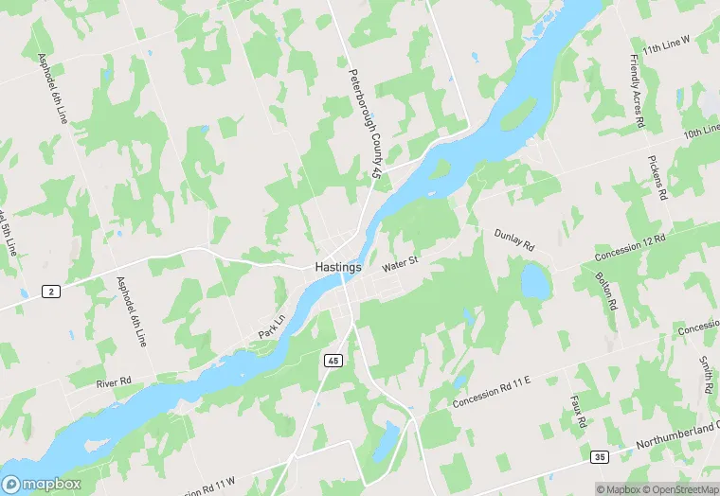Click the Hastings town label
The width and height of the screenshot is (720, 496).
point(338,268)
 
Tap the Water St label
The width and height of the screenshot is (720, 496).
point(400,264)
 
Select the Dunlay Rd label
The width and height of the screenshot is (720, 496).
point(514,239)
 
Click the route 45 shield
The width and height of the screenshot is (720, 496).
point(333,361)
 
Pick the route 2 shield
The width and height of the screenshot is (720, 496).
point(50,292)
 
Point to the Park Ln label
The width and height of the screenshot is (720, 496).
point(271,328)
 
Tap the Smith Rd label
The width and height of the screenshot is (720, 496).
point(706,376)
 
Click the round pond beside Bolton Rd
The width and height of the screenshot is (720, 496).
point(535,280)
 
